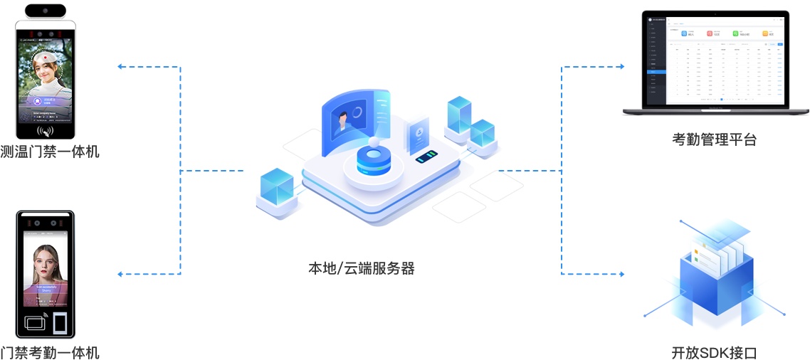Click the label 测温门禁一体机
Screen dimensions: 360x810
(50, 152)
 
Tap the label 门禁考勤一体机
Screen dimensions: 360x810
(50, 351)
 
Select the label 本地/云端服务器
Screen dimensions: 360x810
(361, 268)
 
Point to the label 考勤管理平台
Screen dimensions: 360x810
(714, 139)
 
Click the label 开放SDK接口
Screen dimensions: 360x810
(714, 351)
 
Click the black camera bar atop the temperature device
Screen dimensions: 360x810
(46, 11)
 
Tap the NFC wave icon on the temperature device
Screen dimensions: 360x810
(46, 130)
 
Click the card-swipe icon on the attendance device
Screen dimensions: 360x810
(36, 322)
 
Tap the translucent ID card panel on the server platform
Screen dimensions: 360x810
(416, 135)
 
